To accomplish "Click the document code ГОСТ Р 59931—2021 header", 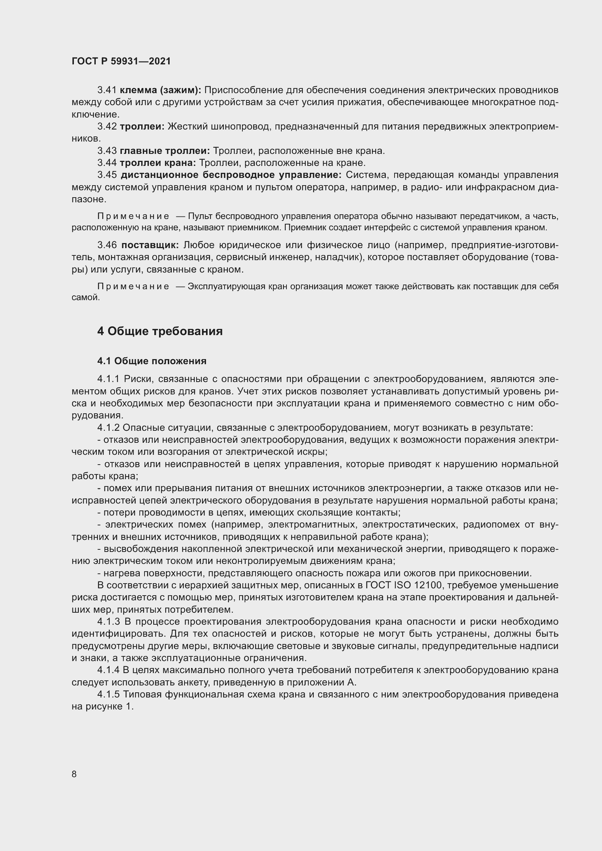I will (x=121, y=61).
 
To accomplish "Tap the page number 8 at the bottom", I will (x=74, y=774).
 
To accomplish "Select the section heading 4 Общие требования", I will (x=160, y=331).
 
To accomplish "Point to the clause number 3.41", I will (x=107, y=90).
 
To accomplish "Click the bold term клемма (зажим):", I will (x=161, y=90).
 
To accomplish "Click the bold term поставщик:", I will (x=150, y=245).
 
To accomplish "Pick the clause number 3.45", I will (x=107, y=175).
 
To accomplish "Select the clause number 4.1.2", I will (x=108, y=428).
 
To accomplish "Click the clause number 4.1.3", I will (x=108, y=621).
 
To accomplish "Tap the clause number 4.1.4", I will (x=108, y=670).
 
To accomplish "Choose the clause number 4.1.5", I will (x=108, y=694).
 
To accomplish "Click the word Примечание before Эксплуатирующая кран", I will (x=133, y=286).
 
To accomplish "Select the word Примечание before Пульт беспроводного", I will (x=133, y=216).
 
